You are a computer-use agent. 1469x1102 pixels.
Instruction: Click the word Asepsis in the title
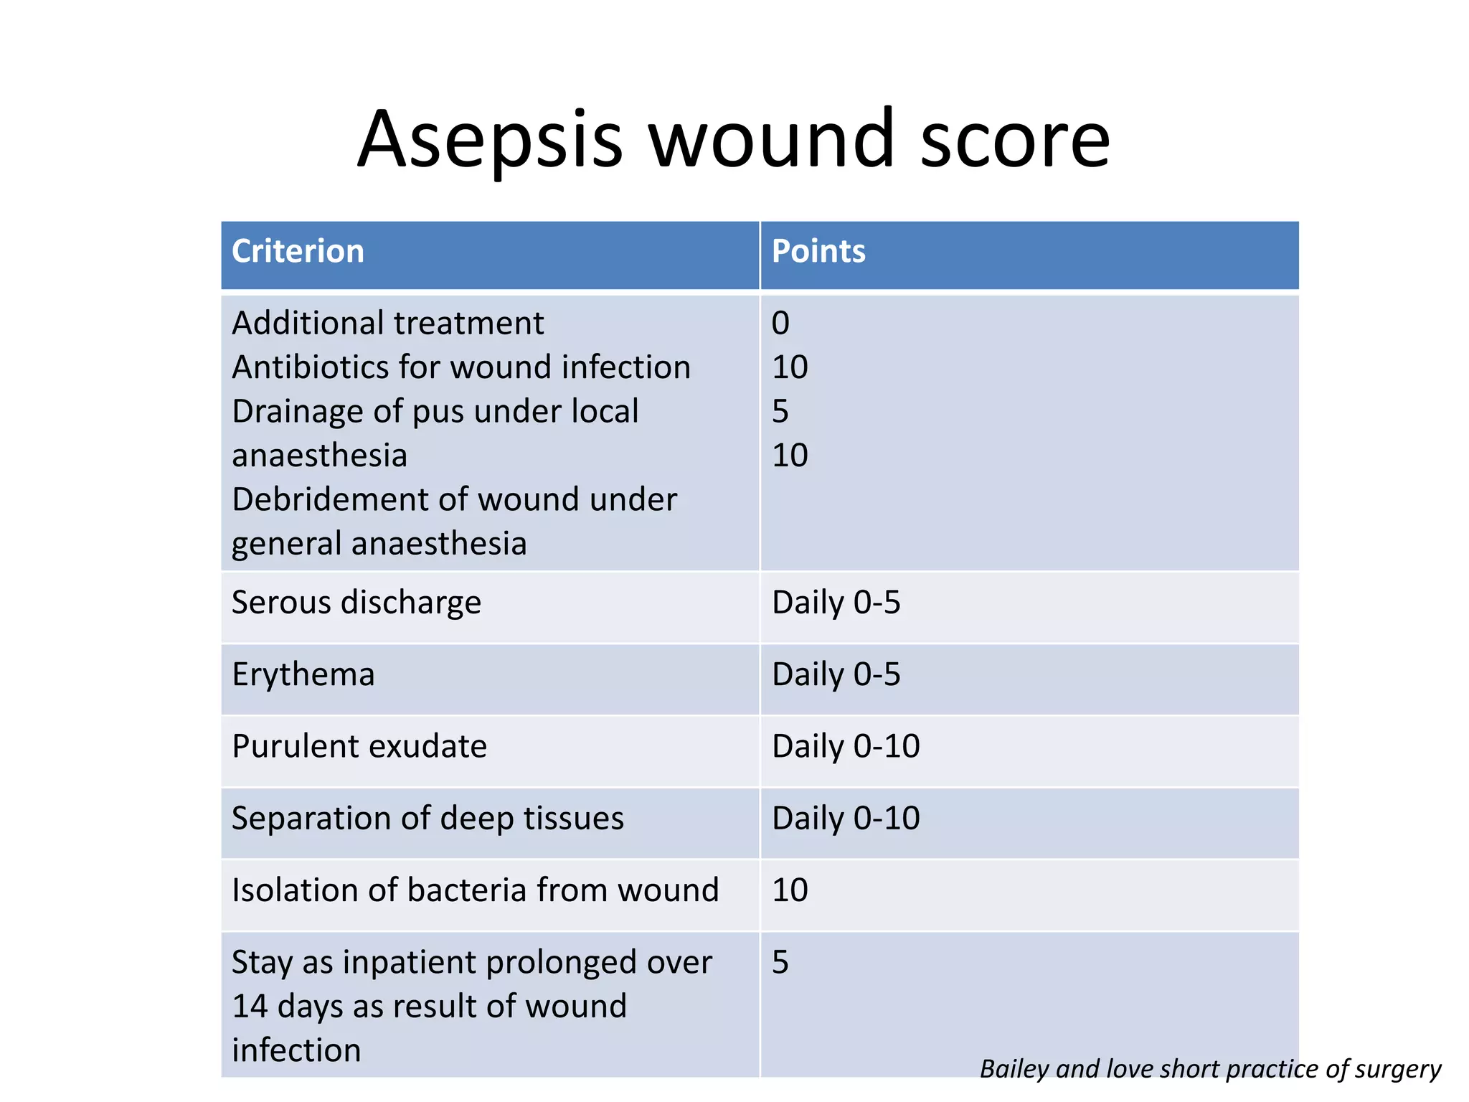pyautogui.click(x=491, y=140)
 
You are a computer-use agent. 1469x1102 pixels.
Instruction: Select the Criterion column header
pyautogui.click(x=298, y=252)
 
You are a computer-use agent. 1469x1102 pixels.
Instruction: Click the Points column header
pyautogui.click(x=818, y=252)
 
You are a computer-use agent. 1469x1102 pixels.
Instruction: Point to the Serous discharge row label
pyautogui.click(x=356, y=603)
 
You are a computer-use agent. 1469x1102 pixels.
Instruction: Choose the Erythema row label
pyautogui.click(x=303, y=674)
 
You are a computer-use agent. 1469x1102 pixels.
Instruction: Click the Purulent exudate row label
pyautogui.click(x=359, y=746)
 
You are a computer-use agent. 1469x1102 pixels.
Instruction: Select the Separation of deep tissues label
pyautogui.click(x=428, y=819)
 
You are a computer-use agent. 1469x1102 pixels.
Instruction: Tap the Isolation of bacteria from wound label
pyautogui.click(x=475, y=890)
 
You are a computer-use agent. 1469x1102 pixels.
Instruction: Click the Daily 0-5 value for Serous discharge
pyautogui.click(x=836, y=603)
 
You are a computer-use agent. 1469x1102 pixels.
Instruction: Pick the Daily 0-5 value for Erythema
pyautogui.click(x=836, y=674)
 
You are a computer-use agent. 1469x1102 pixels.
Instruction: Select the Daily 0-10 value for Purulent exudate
pyautogui.click(x=846, y=746)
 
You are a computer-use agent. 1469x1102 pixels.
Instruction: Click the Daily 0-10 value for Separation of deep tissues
pyautogui.click(x=846, y=819)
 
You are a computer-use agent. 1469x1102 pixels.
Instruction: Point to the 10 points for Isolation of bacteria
pyautogui.click(x=790, y=890)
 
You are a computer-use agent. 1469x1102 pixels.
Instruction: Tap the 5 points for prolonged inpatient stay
pyautogui.click(x=780, y=962)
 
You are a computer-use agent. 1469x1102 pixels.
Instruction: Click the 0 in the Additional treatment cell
pyautogui.click(x=780, y=324)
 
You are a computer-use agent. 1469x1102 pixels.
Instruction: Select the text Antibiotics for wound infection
pyautogui.click(x=461, y=367)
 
